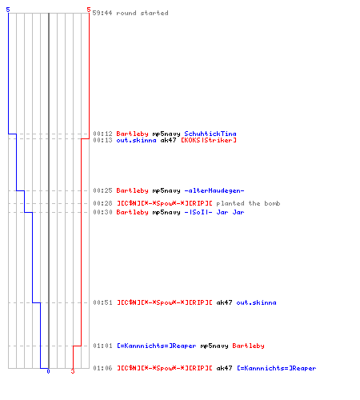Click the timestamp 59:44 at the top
102,13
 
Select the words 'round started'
142,13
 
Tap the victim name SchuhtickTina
210,134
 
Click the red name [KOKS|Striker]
209,140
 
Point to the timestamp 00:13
102,140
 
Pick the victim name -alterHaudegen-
214,190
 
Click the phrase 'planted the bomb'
248,203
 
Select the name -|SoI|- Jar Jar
214,212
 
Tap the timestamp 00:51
102,302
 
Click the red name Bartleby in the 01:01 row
248,346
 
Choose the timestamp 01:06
102,368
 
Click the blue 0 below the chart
48,371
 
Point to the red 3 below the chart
73,371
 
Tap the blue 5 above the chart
8,10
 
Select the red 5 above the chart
89,10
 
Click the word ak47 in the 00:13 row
168,140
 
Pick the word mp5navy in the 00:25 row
166,190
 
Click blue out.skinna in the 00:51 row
256,302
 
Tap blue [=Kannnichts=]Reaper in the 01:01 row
156,346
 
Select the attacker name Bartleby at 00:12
132,134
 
